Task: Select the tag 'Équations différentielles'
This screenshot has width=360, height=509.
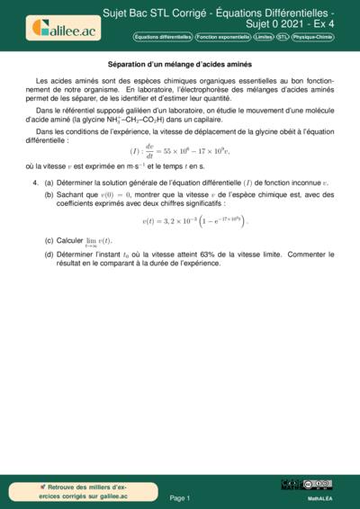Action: pos(163,37)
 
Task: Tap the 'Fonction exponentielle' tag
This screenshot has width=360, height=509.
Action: pos(222,37)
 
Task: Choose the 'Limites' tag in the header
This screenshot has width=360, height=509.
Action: pos(263,37)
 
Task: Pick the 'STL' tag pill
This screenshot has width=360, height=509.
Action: pos(283,37)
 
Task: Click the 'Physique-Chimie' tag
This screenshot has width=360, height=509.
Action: pos(313,37)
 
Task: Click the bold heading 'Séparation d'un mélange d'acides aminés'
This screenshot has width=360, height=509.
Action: pos(179,65)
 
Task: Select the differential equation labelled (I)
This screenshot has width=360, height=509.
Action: pos(179,150)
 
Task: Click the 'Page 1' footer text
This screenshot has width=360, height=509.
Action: pos(179,497)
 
